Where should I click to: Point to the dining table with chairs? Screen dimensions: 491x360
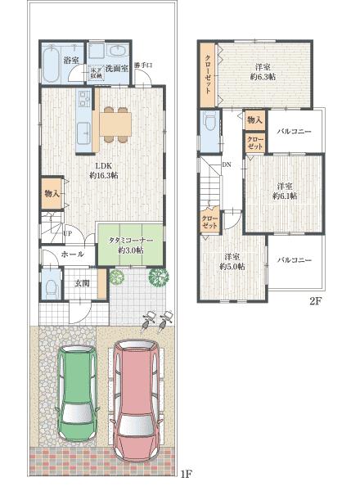pos(115,124)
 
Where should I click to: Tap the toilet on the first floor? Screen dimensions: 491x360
pos(51,287)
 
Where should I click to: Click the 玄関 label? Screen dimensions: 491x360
pos(83,283)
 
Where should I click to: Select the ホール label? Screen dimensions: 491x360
pos(72,255)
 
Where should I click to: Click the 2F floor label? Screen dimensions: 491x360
pos(317,301)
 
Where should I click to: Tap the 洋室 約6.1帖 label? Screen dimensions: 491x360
pos(285,191)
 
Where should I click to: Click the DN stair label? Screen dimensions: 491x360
pos(226,164)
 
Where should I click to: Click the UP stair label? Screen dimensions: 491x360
pos(66,233)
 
